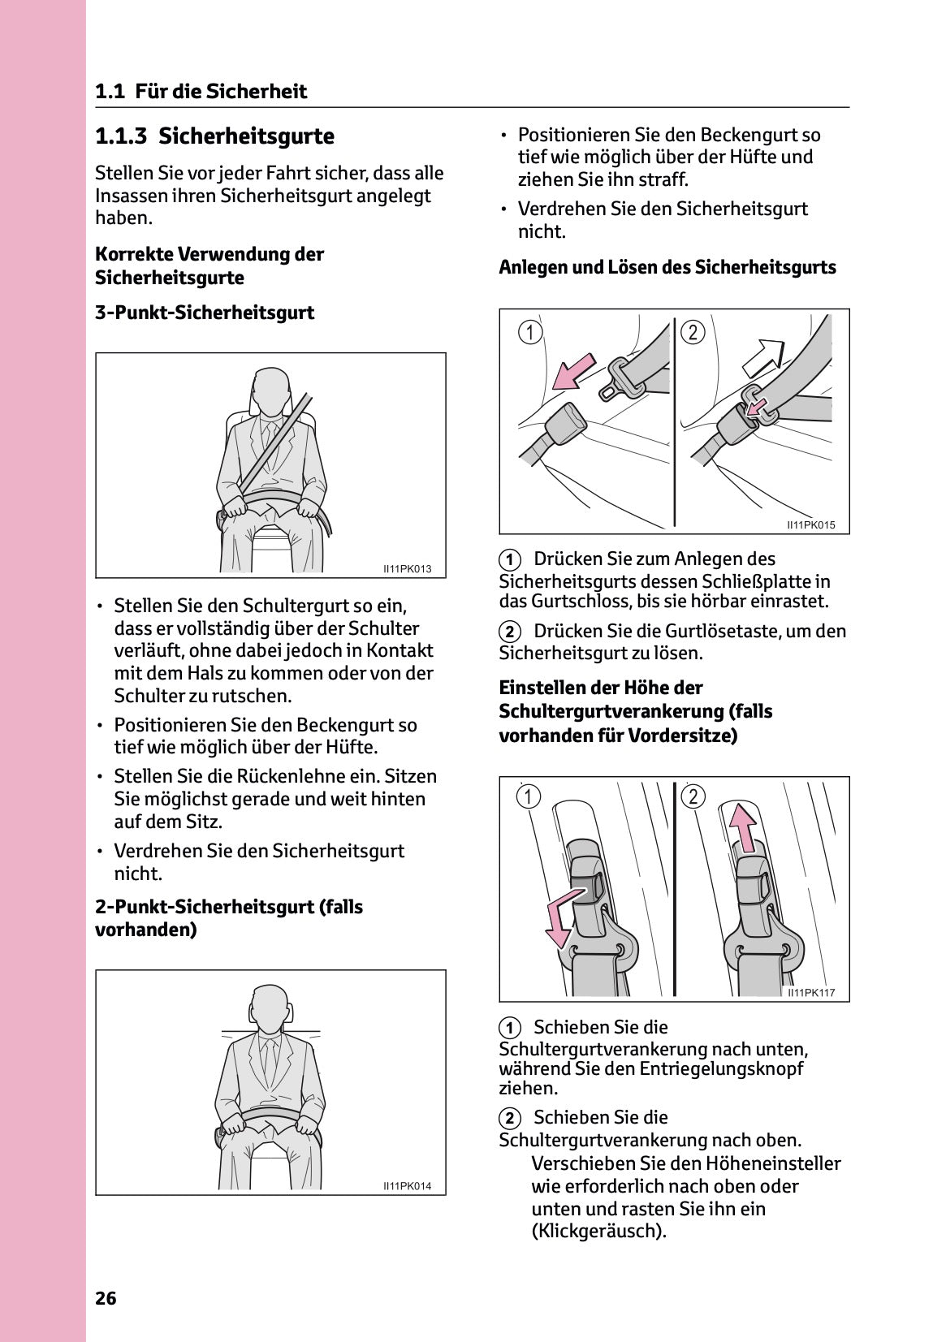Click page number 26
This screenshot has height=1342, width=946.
(x=106, y=1297)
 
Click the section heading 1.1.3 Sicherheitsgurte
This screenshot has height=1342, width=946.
(x=214, y=136)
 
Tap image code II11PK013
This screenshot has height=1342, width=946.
(x=407, y=569)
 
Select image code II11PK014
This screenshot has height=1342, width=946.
(x=407, y=1186)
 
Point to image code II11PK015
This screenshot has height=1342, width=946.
(x=810, y=525)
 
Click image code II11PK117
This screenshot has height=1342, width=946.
(x=810, y=992)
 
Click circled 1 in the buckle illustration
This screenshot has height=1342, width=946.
(x=530, y=332)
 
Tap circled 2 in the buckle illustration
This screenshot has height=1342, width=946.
(x=692, y=332)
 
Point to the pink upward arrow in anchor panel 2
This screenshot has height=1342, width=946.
(x=742, y=826)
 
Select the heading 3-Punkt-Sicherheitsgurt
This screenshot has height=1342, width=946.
(x=205, y=313)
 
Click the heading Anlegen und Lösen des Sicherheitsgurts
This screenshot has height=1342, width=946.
(x=667, y=267)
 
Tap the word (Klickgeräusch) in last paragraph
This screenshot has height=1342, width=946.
(x=598, y=1231)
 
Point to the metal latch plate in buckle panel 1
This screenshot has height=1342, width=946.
(x=621, y=379)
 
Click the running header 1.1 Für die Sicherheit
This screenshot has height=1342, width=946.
(x=201, y=91)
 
